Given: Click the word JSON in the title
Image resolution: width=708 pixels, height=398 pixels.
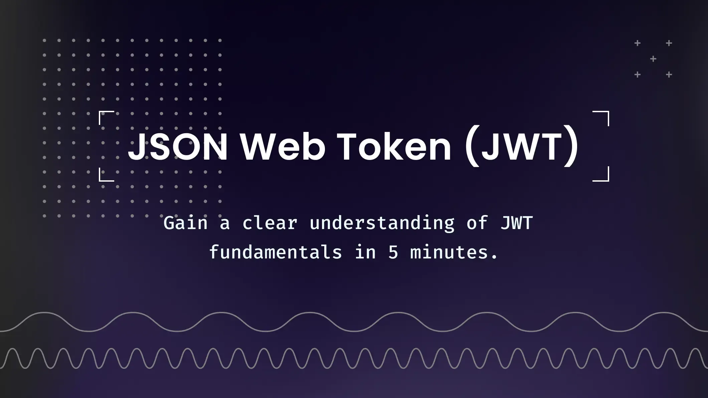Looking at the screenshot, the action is click(178, 147).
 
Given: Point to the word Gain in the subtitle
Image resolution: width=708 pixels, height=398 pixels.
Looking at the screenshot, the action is click(185, 223).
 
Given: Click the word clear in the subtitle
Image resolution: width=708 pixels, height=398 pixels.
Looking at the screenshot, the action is click(270, 223).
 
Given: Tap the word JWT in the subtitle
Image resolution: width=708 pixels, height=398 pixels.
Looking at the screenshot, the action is click(516, 223).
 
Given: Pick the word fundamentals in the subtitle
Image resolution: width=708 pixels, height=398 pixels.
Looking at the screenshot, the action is click(276, 252).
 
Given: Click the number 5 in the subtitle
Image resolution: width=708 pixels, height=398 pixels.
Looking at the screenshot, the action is click(393, 252).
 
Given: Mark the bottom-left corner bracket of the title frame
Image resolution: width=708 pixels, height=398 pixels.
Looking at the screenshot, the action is click(100, 180).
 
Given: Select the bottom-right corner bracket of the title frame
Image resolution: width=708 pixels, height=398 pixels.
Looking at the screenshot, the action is click(608, 180).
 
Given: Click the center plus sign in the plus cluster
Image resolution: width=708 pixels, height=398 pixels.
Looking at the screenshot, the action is click(653, 59).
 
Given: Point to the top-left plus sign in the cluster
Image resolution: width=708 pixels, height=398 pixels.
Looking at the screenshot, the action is click(638, 43).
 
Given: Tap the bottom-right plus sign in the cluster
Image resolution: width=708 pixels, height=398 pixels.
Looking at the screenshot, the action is click(669, 74).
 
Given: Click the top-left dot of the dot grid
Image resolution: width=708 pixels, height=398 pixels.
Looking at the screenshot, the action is click(44, 40).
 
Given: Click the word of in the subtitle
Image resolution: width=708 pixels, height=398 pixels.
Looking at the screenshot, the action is click(477, 223).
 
